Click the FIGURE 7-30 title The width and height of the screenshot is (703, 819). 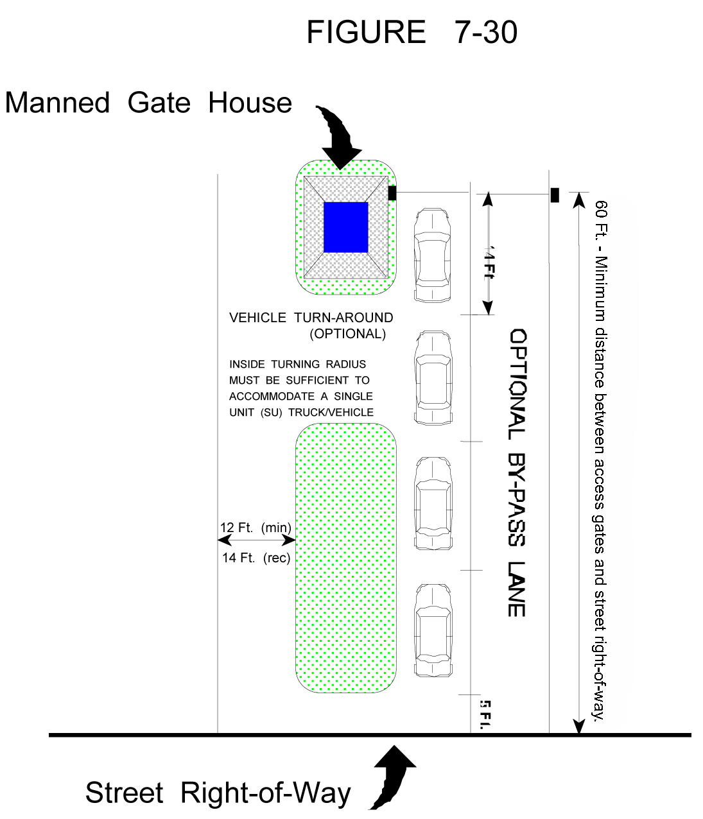click(412, 32)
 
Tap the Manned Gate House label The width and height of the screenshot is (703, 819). click(148, 103)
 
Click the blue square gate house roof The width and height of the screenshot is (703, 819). click(345, 227)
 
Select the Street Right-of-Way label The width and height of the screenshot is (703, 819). click(218, 793)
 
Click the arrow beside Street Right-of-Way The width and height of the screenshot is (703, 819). click(392, 775)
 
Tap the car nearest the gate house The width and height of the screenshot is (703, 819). click(433, 255)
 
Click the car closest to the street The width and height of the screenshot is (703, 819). click(433, 630)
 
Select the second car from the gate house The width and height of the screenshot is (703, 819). click(433, 378)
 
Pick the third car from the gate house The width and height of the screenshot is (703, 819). click(433, 504)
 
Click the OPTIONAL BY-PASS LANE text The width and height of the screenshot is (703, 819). click(517, 473)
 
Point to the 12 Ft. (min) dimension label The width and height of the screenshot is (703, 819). click(256, 528)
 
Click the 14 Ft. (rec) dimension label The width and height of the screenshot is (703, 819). click(256, 558)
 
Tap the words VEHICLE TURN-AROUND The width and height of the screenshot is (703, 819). click(311, 318)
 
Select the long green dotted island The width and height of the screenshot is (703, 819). click(345, 558)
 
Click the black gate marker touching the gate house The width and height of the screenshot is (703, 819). click(392, 193)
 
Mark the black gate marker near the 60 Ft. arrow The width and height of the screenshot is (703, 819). click(555, 195)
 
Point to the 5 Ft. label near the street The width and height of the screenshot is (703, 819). click(485, 714)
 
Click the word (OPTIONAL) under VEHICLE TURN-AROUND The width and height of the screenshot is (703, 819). click(347, 334)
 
